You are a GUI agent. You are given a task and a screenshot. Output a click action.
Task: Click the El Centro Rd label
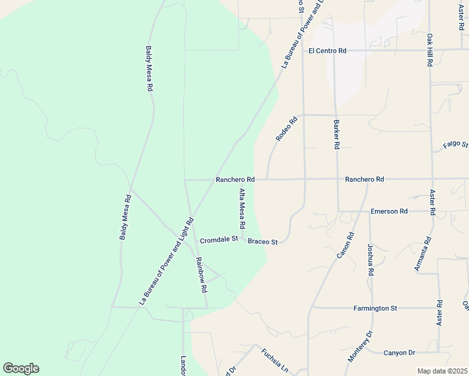tap(327, 51)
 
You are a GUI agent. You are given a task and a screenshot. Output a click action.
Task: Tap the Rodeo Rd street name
tap(285, 128)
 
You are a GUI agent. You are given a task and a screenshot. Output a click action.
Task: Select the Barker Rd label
tap(337, 134)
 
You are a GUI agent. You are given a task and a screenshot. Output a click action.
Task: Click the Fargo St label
tap(455, 145)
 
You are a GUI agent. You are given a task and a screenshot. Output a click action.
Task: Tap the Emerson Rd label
tap(389, 211)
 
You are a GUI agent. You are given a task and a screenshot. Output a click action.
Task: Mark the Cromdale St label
tap(219, 239)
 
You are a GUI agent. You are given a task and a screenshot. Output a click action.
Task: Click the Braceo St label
tap(263, 241)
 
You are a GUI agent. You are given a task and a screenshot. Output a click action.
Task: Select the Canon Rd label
tap(346, 245)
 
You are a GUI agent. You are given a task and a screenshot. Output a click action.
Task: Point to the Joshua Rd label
tap(371, 260)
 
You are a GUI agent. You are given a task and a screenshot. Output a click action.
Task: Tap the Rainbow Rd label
tap(201, 276)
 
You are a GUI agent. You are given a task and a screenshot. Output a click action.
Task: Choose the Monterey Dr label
tap(359, 346)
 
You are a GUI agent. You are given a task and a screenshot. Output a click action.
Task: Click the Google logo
tap(21, 368)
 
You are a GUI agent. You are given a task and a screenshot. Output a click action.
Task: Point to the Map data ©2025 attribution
tap(442, 371)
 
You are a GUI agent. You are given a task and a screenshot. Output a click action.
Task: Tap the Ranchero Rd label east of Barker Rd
tap(364, 179)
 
